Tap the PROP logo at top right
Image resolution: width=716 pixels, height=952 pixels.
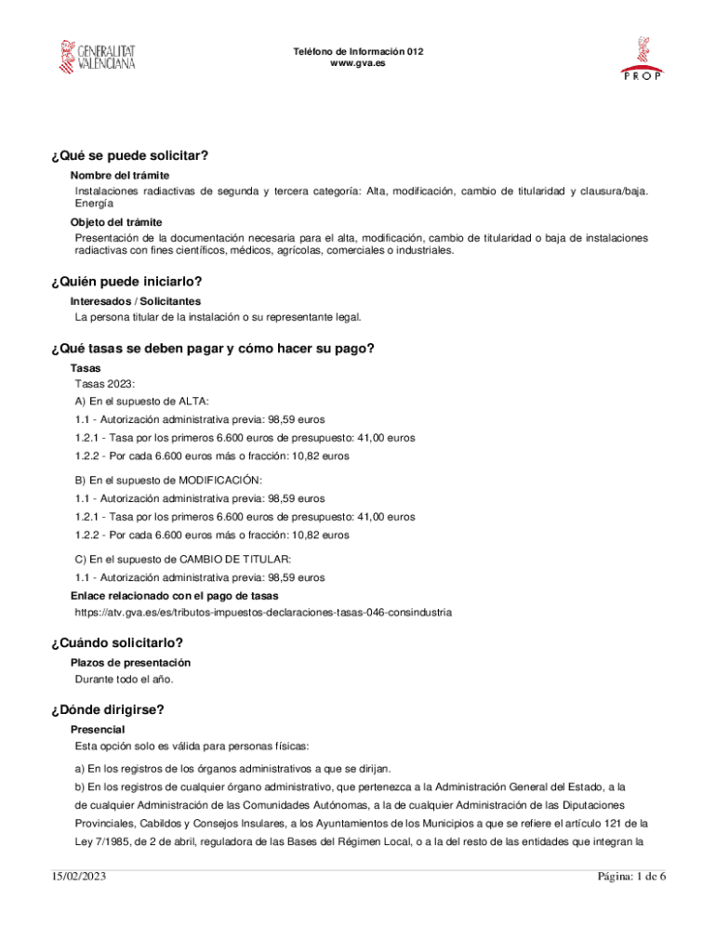click(642, 59)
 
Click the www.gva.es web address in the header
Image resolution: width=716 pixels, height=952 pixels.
click(358, 63)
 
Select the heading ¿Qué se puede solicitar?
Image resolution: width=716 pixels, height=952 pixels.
click(130, 155)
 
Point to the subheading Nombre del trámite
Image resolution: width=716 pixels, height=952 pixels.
click(119, 175)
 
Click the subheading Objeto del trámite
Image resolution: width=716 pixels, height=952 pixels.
click(116, 222)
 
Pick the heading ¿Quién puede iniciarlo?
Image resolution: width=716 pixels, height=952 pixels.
click(127, 282)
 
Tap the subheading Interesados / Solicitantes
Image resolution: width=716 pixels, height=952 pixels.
click(136, 301)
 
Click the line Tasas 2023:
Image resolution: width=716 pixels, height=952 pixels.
click(105, 383)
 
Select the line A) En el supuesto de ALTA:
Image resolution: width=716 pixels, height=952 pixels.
click(142, 401)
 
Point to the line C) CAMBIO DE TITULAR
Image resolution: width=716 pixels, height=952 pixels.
click(183, 559)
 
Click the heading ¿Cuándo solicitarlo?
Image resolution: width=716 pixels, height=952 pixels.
click(118, 643)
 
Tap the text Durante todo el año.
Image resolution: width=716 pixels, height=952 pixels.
click(124, 679)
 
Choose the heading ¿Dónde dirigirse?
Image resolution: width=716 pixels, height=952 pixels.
click(109, 710)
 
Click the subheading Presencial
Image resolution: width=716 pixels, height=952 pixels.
click(98, 730)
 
